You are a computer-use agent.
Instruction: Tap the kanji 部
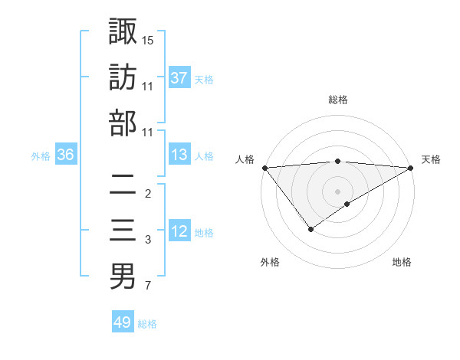123,123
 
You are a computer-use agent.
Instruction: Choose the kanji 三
123,231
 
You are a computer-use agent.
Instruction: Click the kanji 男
123,277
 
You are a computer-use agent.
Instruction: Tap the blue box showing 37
179,77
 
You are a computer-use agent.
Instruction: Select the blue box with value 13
179,155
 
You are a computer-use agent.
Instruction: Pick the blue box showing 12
179,231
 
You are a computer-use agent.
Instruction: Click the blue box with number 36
65,155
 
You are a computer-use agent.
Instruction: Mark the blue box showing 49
123,322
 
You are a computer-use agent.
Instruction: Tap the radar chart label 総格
338,100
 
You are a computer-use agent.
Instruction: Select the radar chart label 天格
432,159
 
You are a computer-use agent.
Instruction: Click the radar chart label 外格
269,262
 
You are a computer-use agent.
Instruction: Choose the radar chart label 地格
402,262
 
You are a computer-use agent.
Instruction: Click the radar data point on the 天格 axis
411,168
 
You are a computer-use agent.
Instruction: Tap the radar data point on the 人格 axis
264,168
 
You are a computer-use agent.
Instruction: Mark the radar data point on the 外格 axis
310,229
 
